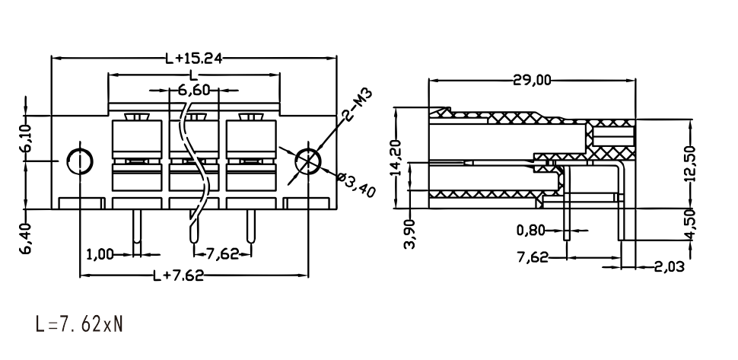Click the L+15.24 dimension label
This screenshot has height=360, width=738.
point(193,59)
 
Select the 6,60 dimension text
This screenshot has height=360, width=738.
point(194,89)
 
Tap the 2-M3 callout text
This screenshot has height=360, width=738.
point(358,104)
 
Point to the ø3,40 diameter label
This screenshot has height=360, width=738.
point(356,184)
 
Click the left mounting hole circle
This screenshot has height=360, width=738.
point(80,161)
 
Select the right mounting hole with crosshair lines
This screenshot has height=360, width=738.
point(308,161)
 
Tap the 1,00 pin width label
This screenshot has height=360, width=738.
point(100,255)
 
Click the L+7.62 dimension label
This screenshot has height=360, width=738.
point(179,276)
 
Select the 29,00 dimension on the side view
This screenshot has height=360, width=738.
point(533,81)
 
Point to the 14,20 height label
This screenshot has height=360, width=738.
point(397,158)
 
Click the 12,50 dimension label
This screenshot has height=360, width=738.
point(690,164)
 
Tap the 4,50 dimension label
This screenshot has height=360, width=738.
point(690,226)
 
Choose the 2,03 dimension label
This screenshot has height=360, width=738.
point(670,267)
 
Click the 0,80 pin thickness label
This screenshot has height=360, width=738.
point(531,231)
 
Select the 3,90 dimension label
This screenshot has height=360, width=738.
point(410,234)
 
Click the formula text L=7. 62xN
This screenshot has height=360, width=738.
point(79,325)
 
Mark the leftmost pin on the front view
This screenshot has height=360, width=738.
point(137,226)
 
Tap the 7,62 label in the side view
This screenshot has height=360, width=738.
point(533,257)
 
